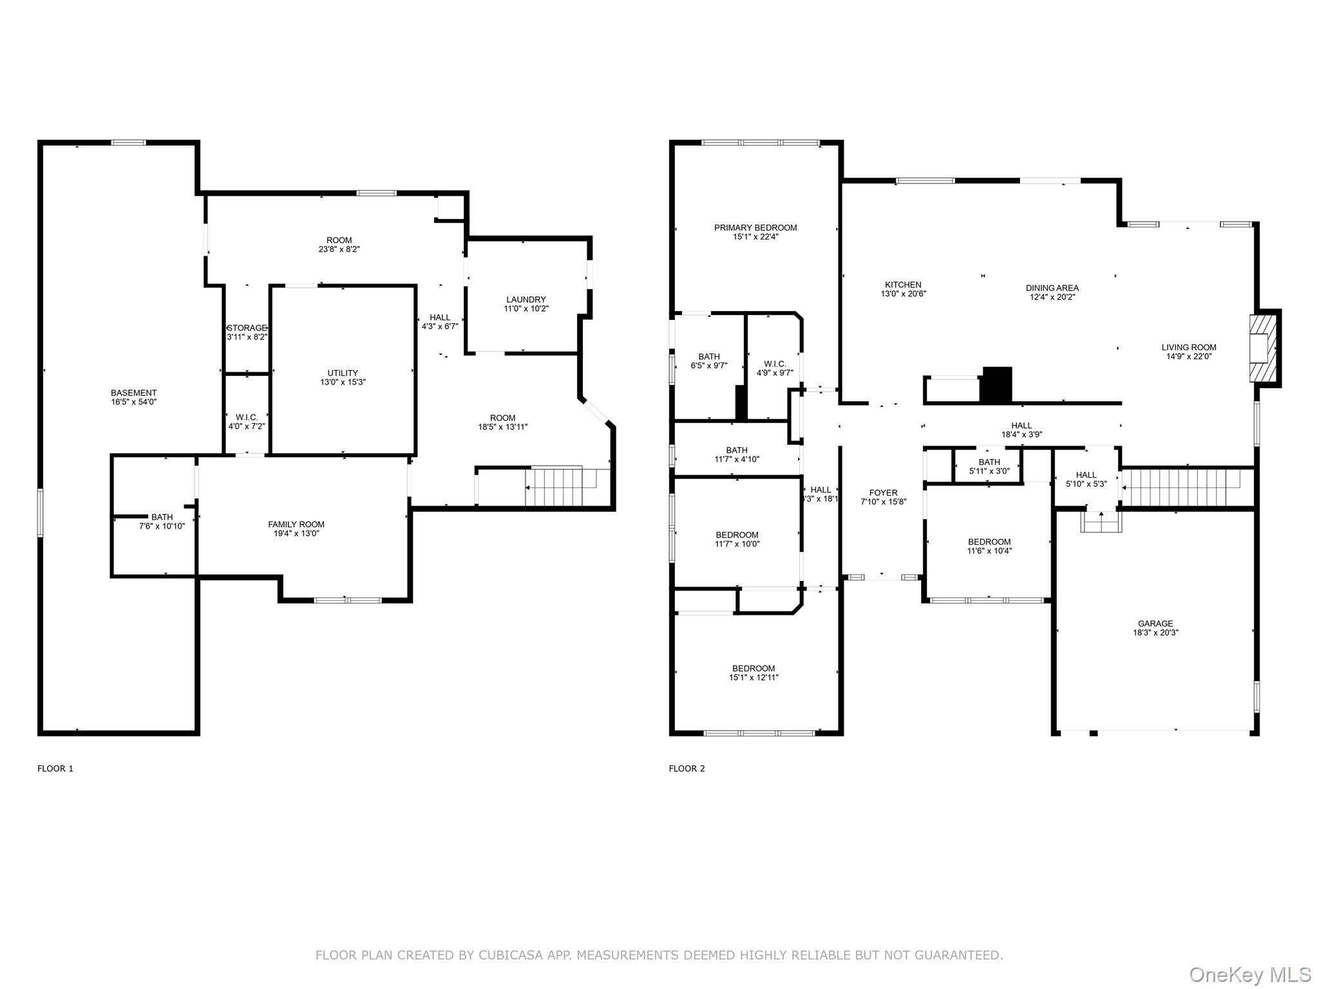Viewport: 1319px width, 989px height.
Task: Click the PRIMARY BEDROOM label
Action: [755, 227]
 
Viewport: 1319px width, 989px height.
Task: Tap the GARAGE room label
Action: [1155, 623]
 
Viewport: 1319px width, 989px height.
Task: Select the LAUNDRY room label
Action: [526, 299]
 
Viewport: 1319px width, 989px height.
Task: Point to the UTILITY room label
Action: [343, 373]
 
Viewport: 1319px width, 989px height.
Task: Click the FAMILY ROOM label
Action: [296, 524]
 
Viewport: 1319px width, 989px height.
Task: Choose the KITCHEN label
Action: [903, 285]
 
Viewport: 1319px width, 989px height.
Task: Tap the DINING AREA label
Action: [1052, 288]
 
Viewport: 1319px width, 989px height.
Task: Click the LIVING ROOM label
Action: [1189, 347]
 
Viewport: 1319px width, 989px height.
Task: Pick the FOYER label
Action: [883, 493]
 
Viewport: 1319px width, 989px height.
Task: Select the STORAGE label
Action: [247, 328]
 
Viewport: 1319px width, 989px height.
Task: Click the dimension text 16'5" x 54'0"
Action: [134, 402]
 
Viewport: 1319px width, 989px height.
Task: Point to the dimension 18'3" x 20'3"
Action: [1155, 632]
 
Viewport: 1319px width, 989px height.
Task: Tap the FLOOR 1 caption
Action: [55, 768]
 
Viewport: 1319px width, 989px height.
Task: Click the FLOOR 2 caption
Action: [687, 768]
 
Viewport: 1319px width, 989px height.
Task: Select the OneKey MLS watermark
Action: [1249, 974]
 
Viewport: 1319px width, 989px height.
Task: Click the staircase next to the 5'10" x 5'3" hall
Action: [1181, 487]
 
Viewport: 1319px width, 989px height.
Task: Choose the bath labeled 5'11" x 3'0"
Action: [989, 466]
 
